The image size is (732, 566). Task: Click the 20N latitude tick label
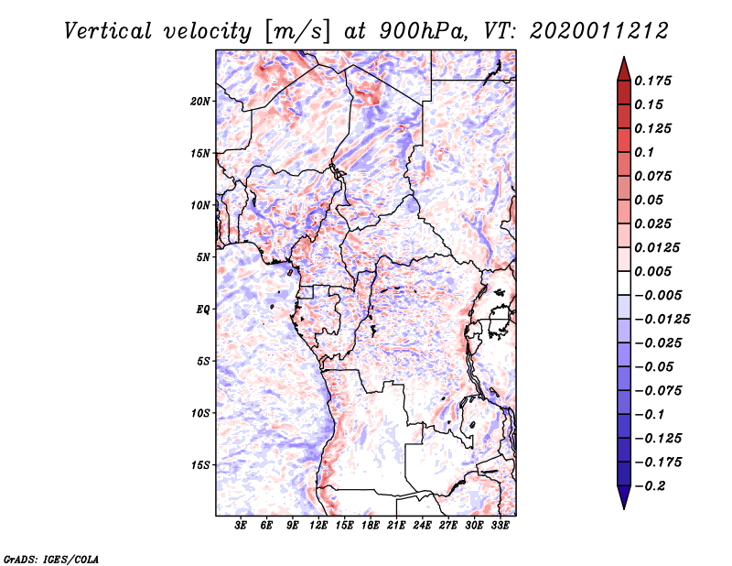click(x=200, y=101)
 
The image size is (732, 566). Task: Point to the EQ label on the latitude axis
click(x=203, y=310)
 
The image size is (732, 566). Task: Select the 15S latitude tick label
click(x=200, y=465)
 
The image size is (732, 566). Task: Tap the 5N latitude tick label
click(x=203, y=257)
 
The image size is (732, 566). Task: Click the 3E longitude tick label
click(x=242, y=527)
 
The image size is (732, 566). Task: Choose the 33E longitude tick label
click(x=501, y=527)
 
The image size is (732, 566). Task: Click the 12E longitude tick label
click(x=319, y=527)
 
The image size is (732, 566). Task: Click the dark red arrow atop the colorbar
click(x=623, y=67)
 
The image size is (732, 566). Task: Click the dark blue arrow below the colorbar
click(x=623, y=499)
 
